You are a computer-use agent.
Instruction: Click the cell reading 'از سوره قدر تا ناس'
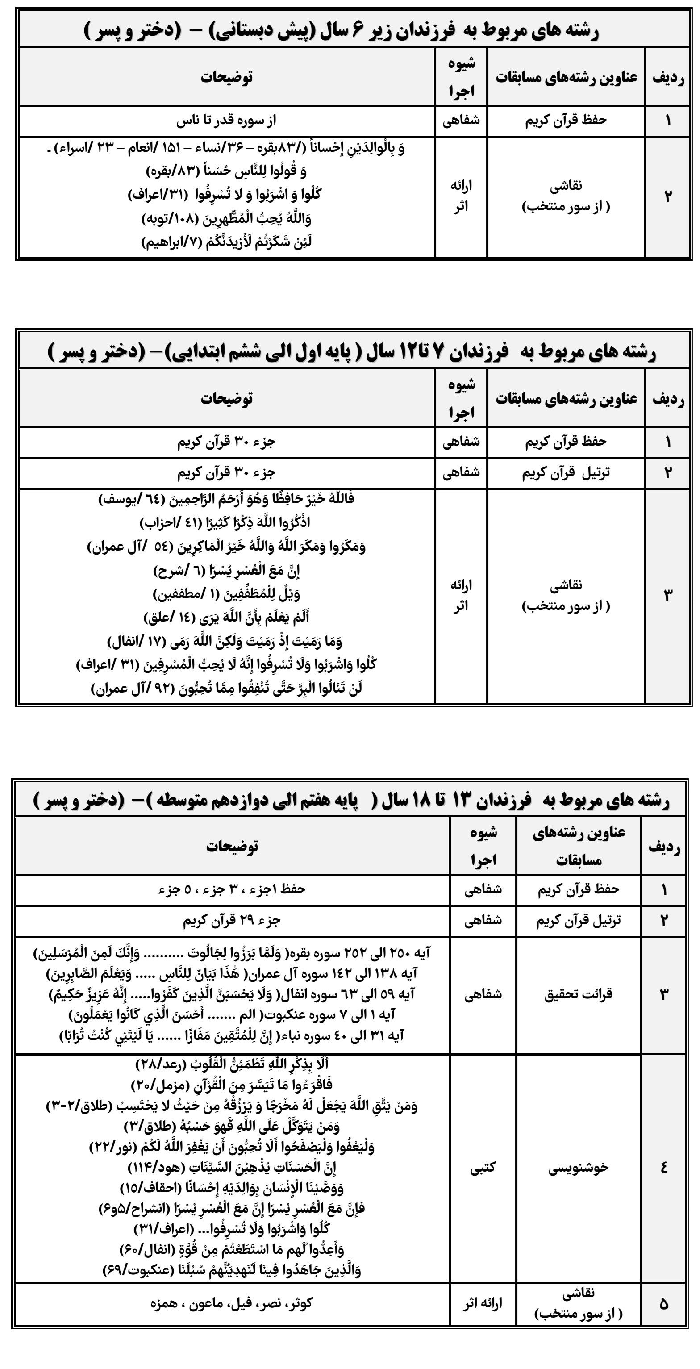tap(226, 121)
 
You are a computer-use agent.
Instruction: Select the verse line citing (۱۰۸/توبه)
tap(226, 218)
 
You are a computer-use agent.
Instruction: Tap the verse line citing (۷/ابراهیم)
tap(226, 242)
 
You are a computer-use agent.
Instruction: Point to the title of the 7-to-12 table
tap(352, 352)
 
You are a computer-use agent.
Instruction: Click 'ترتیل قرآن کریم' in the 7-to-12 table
tap(566, 473)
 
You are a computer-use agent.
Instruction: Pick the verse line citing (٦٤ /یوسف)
tap(226, 500)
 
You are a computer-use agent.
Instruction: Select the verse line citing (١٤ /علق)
tap(226, 618)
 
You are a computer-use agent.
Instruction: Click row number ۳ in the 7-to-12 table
tap(667, 595)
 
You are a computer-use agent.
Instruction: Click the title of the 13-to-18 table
tap(351, 800)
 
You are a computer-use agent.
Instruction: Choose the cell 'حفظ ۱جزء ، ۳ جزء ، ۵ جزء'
tap(232, 889)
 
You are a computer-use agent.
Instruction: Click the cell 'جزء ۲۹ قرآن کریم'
tap(232, 920)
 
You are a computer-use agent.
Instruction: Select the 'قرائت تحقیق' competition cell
tap(578, 994)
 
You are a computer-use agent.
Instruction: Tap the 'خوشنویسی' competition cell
tap(578, 1168)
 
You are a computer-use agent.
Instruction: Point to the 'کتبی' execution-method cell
tap(483, 1168)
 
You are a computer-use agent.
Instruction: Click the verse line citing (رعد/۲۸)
tap(232, 1064)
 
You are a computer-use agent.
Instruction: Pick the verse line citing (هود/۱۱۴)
tap(232, 1168)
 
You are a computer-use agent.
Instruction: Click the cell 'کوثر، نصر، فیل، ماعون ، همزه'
tap(232, 1303)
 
